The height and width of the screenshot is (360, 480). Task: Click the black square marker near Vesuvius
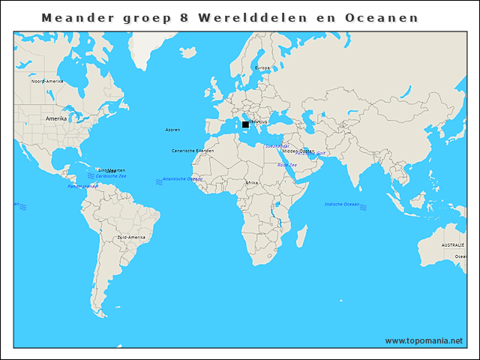pos(245,124)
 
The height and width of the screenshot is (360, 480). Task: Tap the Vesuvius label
pos(257,121)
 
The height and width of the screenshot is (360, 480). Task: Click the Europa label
pos(262,67)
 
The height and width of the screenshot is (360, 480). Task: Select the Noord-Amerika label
pos(47,81)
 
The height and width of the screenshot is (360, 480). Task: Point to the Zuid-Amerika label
pos(131,237)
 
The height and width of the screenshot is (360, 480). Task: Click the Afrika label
pos(252,182)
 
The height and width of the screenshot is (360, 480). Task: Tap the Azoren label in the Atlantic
pos(172,130)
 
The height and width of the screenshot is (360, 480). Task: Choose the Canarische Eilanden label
pos(193,151)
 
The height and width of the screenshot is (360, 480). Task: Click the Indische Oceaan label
pos(341,204)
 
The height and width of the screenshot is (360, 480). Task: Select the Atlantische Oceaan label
pos(183,179)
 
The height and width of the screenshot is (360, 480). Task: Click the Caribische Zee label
pos(111,175)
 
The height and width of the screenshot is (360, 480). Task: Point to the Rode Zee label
pos(287,164)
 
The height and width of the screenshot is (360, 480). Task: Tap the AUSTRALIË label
pos(453,245)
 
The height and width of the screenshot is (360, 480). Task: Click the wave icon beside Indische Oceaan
pos(363,205)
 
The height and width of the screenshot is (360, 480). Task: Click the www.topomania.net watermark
pos(424,340)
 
